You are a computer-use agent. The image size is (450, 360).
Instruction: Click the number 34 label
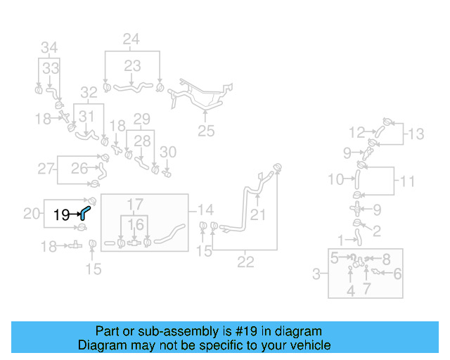(x=49, y=48)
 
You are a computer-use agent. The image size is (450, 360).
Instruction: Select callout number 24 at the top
(x=131, y=39)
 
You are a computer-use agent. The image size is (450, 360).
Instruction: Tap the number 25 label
(x=205, y=130)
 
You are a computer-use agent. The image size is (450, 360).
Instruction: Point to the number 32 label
(x=88, y=92)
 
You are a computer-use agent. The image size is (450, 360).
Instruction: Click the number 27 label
(x=46, y=169)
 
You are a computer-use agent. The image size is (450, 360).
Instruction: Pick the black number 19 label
(x=61, y=214)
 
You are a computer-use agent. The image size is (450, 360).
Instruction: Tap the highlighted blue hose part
(x=84, y=212)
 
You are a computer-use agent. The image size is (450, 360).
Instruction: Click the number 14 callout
(x=205, y=210)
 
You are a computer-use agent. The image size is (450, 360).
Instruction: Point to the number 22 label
(x=245, y=262)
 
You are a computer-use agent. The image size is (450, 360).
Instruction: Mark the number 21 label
(x=259, y=214)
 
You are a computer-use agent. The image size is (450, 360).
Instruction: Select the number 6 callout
(x=397, y=274)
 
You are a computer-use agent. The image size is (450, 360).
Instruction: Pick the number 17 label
(x=134, y=205)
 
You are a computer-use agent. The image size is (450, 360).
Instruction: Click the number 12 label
(x=357, y=131)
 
